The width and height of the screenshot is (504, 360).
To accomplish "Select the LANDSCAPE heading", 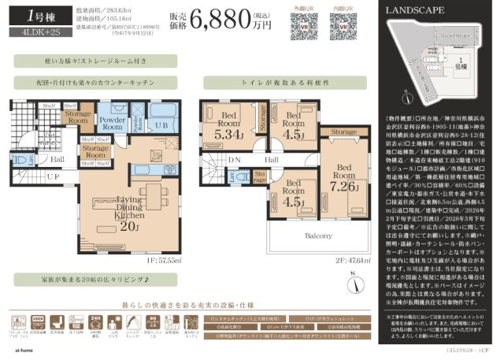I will pos(417,11).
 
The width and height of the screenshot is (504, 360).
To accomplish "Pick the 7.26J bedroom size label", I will pos(346,187).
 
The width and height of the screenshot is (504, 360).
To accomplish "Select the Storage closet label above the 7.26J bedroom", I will pos(343,132).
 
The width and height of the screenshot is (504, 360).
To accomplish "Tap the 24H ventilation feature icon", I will pos(97,323).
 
